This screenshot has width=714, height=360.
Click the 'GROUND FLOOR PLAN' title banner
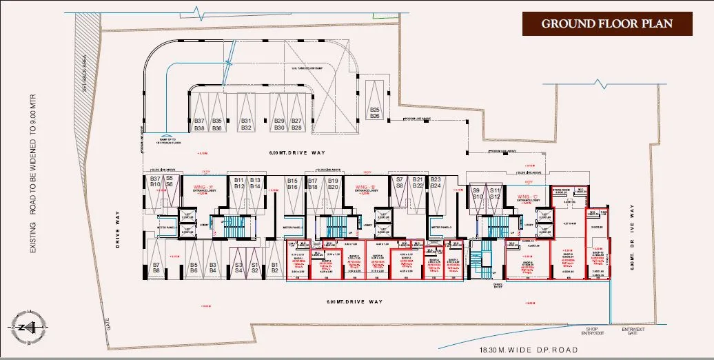pyautogui.click(x=606, y=23)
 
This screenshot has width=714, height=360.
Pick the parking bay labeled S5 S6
pyautogui.click(x=169, y=181)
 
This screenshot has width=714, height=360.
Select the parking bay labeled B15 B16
pyautogui.click(x=292, y=183)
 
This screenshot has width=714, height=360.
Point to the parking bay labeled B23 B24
pyautogui.click(x=436, y=182)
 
